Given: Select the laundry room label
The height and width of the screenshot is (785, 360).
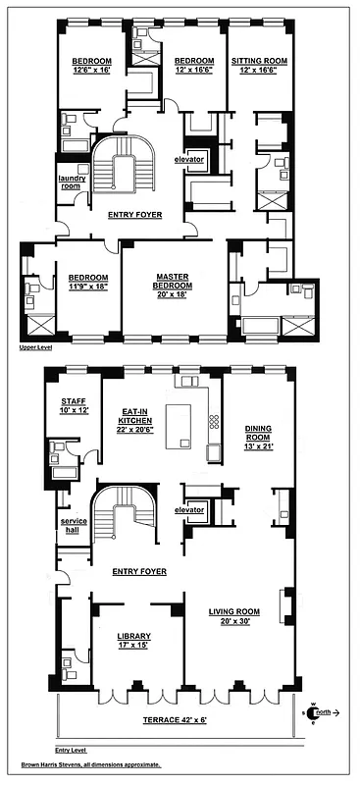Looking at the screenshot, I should click(x=70, y=183).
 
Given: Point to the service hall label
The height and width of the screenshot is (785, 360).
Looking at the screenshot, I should click(x=74, y=526).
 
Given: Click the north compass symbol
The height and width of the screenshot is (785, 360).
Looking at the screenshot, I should click(x=314, y=713).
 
